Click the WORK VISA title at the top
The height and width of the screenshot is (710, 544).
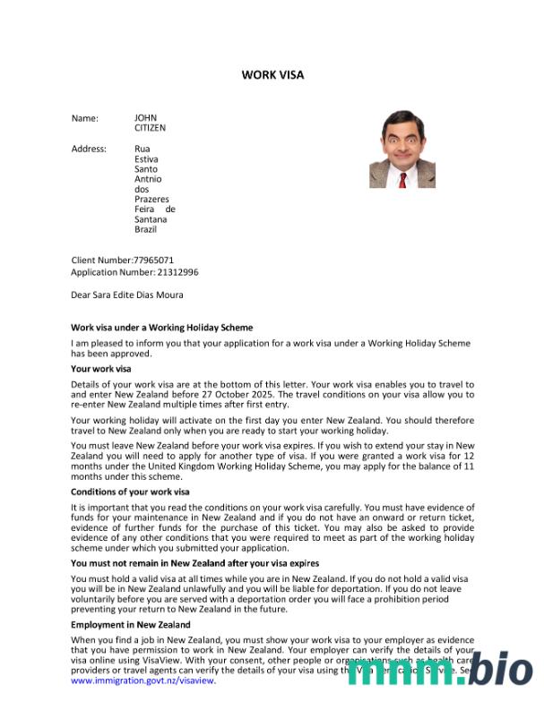tap(272, 74)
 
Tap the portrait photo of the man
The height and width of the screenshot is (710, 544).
tap(402, 148)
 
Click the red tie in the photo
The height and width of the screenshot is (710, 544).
tap(403, 180)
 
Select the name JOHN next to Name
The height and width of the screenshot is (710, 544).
tap(145, 117)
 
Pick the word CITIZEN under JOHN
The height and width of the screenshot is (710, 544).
tap(150, 127)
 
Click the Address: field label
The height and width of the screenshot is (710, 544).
tap(89, 149)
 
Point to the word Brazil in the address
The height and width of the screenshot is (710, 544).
tap(145, 229)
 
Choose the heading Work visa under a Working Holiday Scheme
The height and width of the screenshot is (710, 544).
tap(161, 328)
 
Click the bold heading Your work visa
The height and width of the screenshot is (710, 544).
tap(100, 369)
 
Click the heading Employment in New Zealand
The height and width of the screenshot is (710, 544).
tap(130, 624)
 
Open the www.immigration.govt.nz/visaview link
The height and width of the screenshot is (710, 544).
tap(142, 680)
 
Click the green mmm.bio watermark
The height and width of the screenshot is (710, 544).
tap(440, 669)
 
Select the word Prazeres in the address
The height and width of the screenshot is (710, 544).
tap(151, 199)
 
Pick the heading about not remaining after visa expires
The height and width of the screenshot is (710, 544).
tap(194, 563)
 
